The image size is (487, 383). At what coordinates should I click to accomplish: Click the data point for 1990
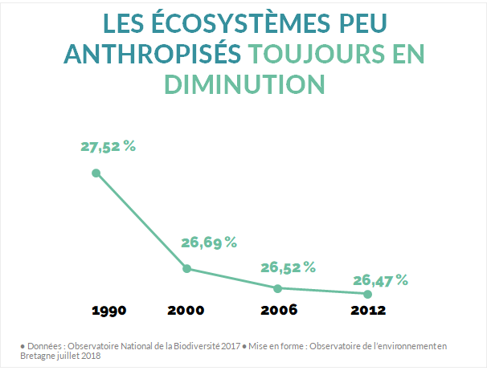coord(96,173)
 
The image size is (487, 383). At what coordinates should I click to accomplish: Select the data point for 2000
coord(186,269)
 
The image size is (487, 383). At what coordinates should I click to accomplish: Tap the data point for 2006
coord(278,287)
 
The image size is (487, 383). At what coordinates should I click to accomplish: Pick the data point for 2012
coord(368,294)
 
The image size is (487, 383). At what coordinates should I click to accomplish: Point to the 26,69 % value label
coord(208,242)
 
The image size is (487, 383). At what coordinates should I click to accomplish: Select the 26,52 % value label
coord(288,267)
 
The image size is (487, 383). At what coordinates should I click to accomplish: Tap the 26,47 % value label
coord(380,280)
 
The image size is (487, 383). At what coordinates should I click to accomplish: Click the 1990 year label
coord(108,310)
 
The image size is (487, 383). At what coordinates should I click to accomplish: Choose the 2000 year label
coord(186,310)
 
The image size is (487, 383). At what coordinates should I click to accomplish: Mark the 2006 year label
coord(279,310)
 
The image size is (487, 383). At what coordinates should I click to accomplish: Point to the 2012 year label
coord(368,310)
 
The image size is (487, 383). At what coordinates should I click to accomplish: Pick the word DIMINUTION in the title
coord(243,84)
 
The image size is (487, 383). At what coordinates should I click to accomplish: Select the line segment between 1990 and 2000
coord(141,221)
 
